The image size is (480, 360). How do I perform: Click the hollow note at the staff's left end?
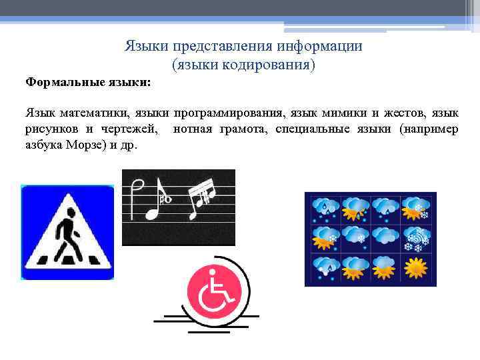(x=137, y=198)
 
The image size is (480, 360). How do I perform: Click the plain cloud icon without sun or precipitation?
(x=385, y=236)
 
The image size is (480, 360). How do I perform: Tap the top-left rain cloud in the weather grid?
(x=325, y=207)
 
